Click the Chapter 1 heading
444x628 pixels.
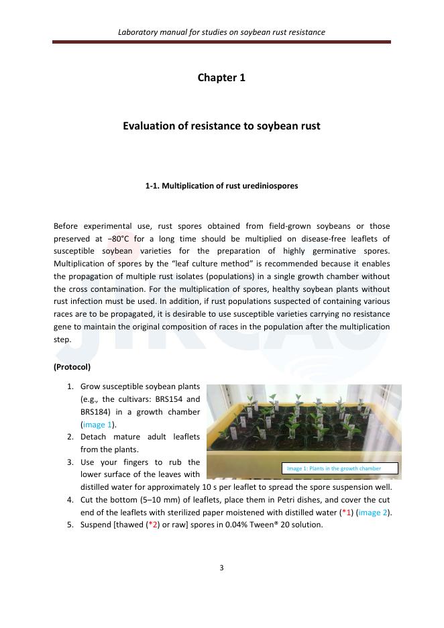(x=221, y=78)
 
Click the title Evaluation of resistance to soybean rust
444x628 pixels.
(x=221, y=125)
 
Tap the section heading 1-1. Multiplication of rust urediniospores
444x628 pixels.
(x=221, y=186)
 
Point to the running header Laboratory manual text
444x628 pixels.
(x=221, y=32)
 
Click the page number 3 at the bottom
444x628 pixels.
(x=221, y=568)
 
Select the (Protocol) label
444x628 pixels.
(x=72, y=367)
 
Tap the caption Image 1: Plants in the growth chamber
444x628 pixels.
(x=333, y=468)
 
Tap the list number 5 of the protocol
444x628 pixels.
(x=70, y=525)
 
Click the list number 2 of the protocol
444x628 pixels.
(x=70, y=437)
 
